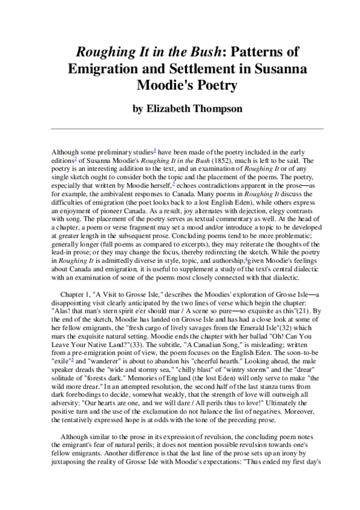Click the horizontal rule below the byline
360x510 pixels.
tap(180, 128)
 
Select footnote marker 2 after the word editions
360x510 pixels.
tap(76, 159)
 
